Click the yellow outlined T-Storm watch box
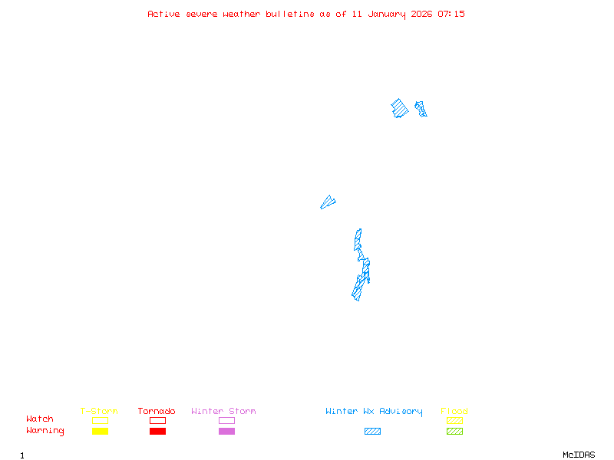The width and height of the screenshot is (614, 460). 100,420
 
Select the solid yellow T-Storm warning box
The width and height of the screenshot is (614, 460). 100,431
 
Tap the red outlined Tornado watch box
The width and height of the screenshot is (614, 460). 157,420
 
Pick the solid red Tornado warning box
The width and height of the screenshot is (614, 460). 157,431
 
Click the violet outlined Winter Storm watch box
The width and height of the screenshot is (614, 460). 226,420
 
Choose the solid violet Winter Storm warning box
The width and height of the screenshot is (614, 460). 226,431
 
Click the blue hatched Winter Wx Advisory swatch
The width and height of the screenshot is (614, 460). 372,431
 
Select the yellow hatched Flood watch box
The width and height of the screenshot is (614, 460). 454,420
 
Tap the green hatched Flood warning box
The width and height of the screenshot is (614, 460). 454,431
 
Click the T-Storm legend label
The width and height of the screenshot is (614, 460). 99,411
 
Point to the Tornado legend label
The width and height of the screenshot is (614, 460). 157,411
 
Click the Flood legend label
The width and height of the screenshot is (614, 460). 454,411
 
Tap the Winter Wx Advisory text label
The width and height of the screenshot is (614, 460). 374,411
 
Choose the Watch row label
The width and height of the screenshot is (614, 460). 40,419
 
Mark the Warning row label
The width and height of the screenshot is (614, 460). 45,431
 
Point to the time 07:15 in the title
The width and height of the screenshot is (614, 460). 451,14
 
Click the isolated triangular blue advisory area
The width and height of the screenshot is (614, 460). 328,202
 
